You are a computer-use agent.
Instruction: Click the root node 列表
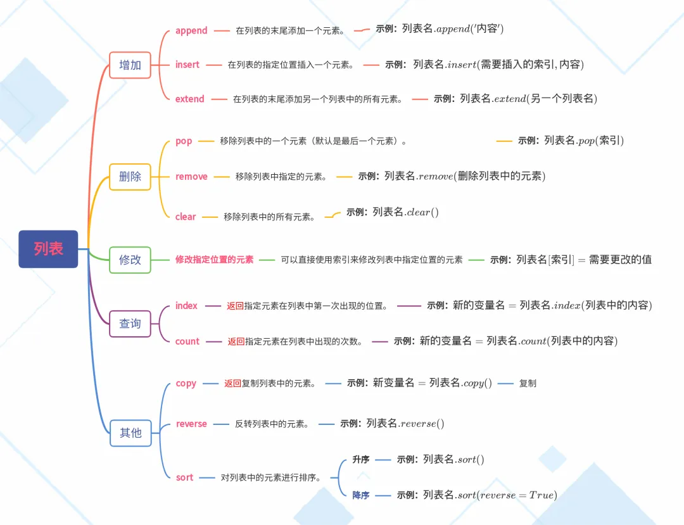click(x=48, y=249)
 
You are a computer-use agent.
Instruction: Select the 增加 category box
click(x=130, y=65)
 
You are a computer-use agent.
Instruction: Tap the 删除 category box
click(x=130, y=176)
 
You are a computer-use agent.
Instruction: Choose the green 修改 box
click(x=130, y=260)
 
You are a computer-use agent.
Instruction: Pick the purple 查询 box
click(x=130, y=324)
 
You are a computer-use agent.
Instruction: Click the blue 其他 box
click(x=130, y=433)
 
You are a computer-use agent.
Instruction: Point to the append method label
click(x=191, y=30)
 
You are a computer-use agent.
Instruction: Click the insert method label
click(x=187, y=65)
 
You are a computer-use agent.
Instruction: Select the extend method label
click(x=190, y=99)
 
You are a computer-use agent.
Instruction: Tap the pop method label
click(x=184, y=141)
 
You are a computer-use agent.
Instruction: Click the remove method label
click(x=191, y=177)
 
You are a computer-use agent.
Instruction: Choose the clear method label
click(x=186, y=217)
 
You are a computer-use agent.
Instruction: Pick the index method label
click(x=186, y=306)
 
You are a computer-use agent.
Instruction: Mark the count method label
click(x=187, y=341)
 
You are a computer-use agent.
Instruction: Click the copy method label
click(x=186, y=383)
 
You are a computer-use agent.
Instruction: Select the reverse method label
click(x=191, y=424)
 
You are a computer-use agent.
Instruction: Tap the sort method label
click(x=184, y=478)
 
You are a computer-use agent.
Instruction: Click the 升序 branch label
click(x=361, y=460)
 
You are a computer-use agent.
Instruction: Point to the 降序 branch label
click(x=361, y=495)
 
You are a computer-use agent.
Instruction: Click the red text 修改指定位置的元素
click(x=215, y=260)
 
